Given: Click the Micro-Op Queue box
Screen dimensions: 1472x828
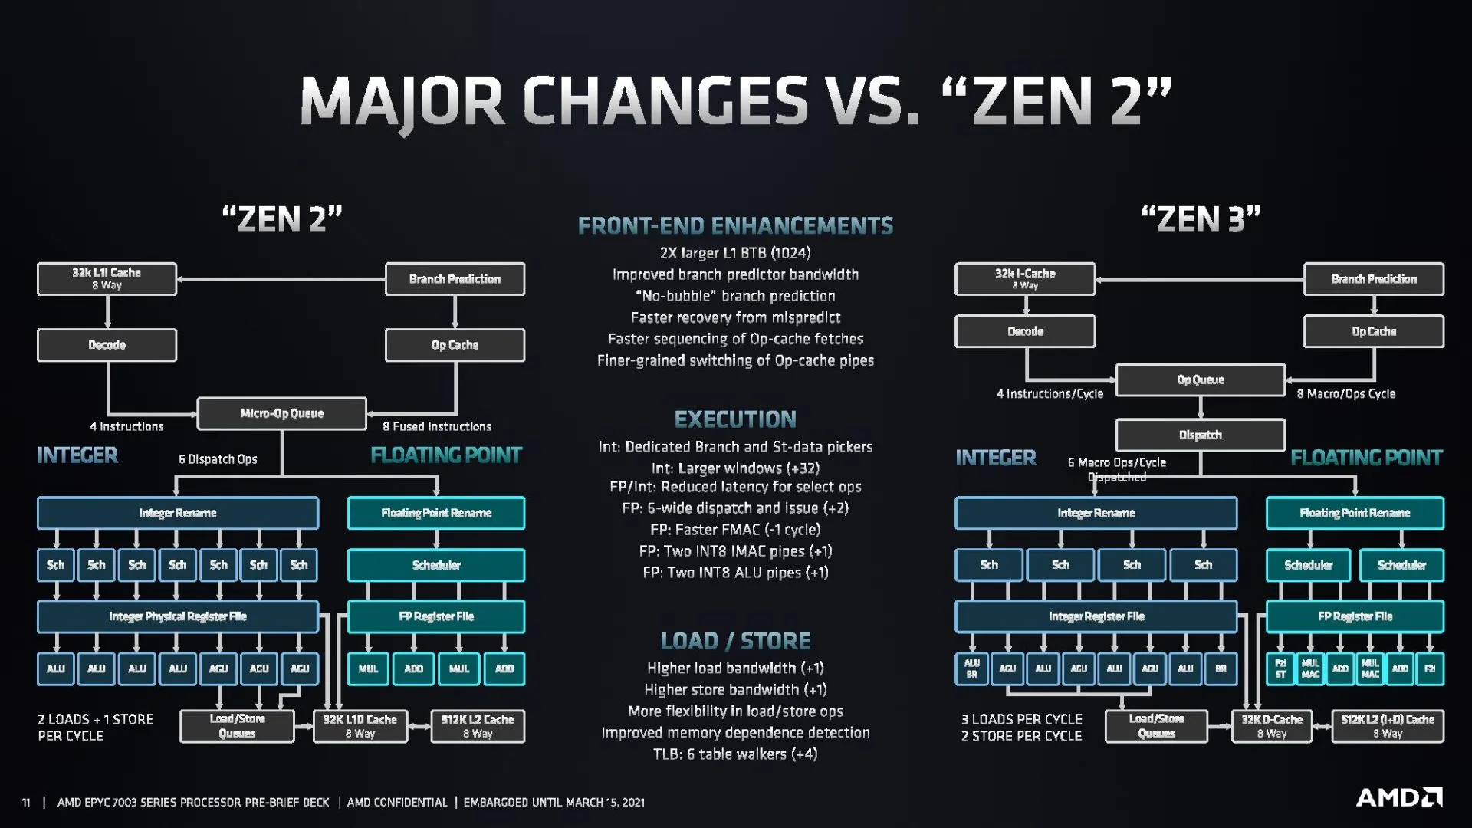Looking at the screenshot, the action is (282, 413).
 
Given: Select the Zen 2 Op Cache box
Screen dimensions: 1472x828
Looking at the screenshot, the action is (455, 345).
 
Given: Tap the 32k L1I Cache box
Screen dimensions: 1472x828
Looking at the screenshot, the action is (107, 279).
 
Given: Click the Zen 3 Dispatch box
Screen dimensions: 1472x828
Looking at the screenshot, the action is (1200, 435).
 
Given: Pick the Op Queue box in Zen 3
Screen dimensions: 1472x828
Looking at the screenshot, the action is (1200, 379).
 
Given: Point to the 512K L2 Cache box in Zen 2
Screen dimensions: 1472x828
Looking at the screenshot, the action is (478, 726).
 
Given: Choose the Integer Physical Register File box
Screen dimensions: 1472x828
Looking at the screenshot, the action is (178, 616).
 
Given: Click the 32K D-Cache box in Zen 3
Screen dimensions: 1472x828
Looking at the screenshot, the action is (1272, 726).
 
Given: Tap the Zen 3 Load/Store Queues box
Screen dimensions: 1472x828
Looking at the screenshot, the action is (1156, 726).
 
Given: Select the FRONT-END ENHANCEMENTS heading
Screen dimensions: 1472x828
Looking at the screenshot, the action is (735, 225).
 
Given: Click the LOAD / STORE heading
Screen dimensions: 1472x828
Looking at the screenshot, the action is (735, 641).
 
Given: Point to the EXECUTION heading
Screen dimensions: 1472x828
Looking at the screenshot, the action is (735, 419).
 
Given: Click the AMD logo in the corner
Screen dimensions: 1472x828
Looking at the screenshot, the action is (1399, 797).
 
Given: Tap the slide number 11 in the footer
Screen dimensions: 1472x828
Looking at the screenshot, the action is (26, 803).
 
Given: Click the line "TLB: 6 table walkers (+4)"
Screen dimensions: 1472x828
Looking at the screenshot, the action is (735, 754).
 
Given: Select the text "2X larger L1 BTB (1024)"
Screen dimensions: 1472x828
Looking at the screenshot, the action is (735, 253).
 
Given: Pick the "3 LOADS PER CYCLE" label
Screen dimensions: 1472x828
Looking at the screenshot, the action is (1022, 719).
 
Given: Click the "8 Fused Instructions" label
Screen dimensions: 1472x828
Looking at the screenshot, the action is (437, 426).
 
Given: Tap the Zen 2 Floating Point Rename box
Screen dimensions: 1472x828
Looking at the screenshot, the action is (436, 513).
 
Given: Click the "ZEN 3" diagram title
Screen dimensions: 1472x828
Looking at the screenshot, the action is (1201, 219).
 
